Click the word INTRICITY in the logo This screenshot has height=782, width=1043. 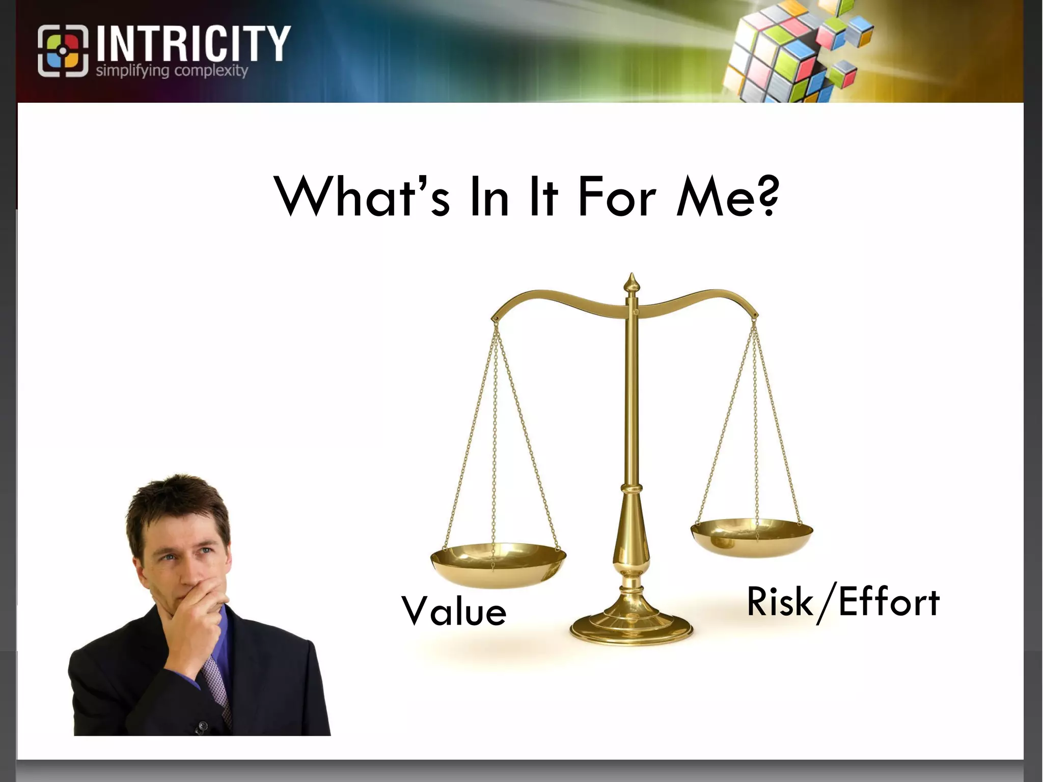tap(193, 44)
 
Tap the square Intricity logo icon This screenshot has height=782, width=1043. tap(63, 51)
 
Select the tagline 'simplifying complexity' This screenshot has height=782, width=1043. tap(172, 70)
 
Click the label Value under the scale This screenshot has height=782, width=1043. tap(454, 611)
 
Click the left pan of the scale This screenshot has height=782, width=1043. tap(498, 563)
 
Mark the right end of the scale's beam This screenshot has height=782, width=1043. tap(755, 316)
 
